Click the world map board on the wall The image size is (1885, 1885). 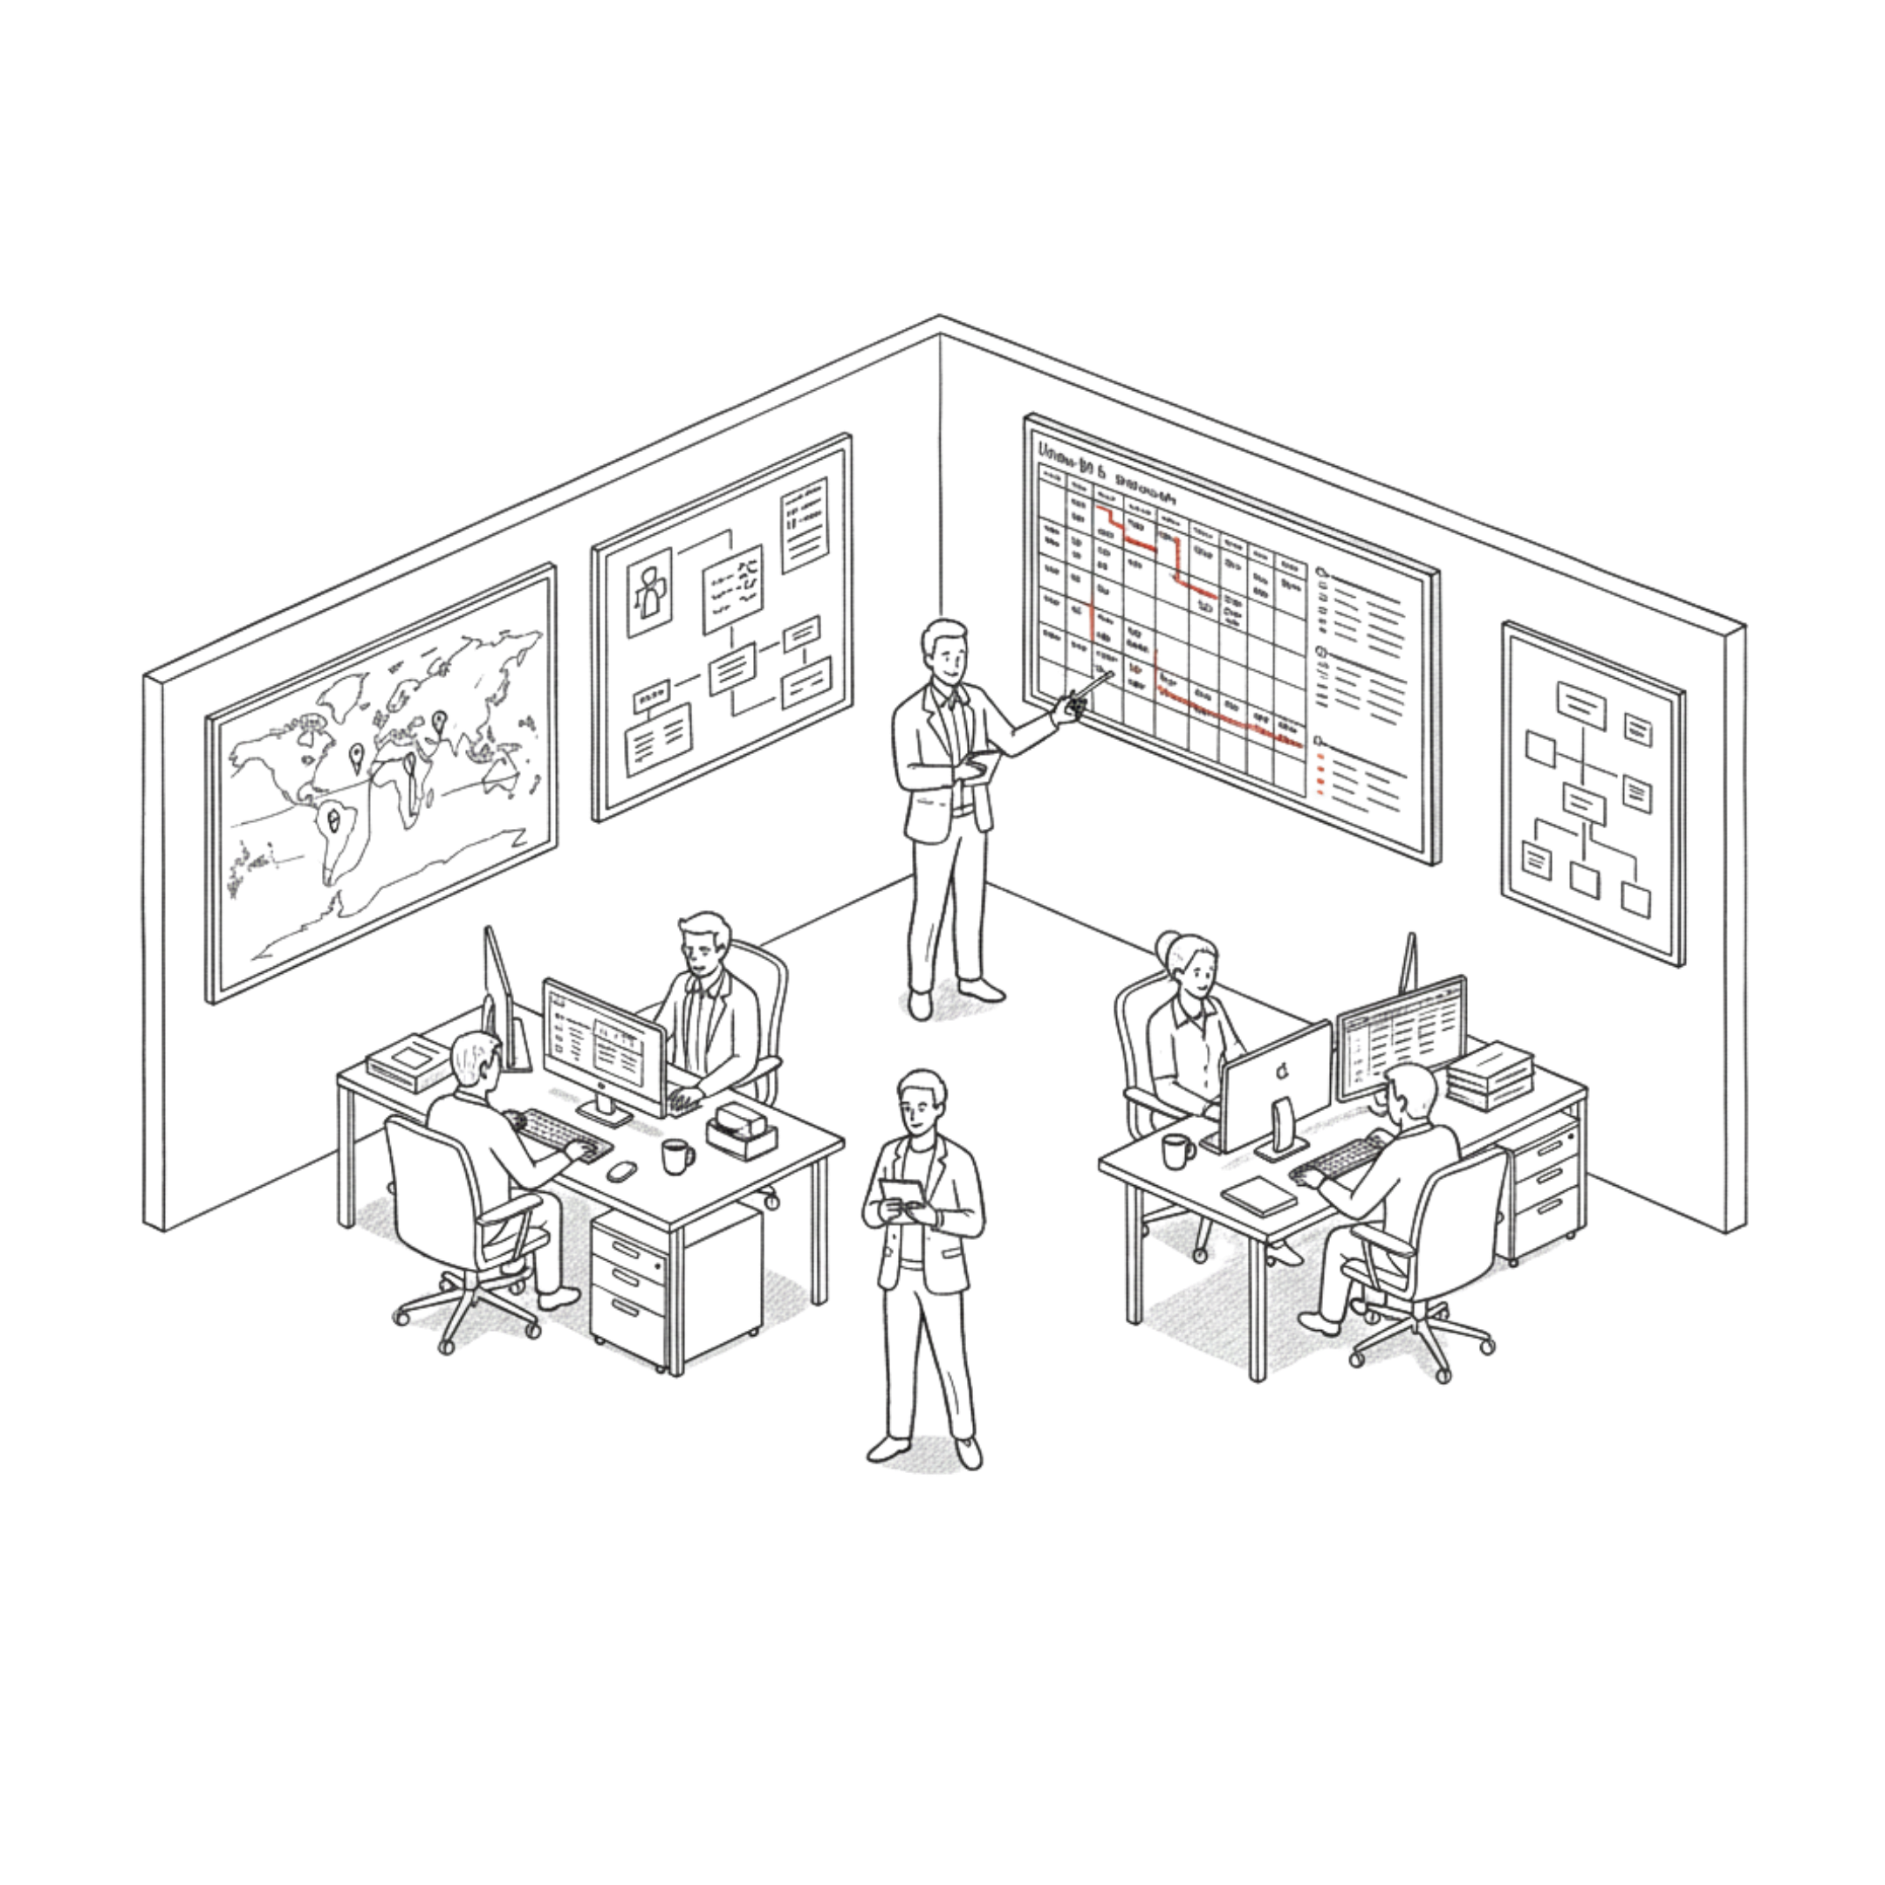click(380, 780)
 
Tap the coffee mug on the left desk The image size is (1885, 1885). click(675, 1156)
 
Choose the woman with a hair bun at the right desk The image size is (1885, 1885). click(1185, 1025)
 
